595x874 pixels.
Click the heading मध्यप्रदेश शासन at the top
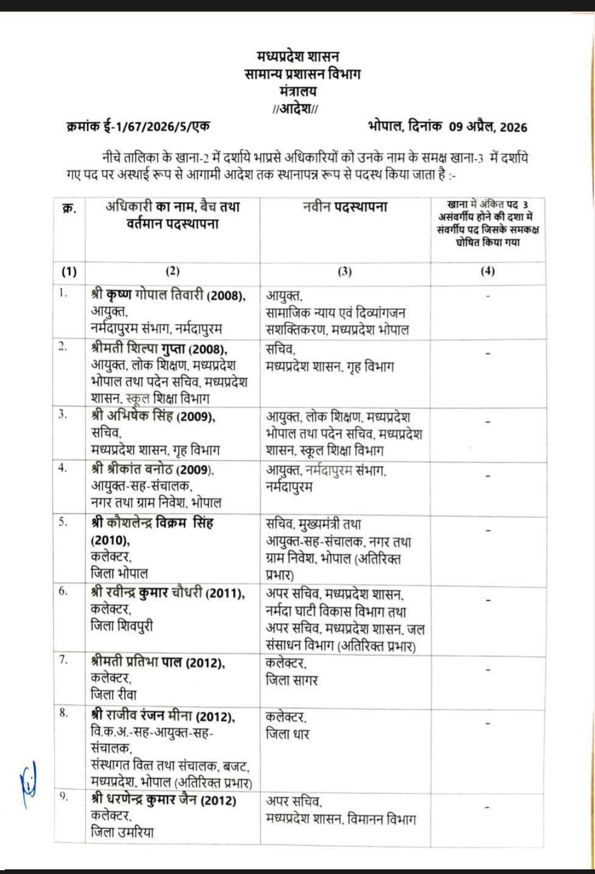[297, 56]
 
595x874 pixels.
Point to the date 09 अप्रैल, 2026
[488, 127]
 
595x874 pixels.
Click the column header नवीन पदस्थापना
[345, 207]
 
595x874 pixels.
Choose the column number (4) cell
[488, 271]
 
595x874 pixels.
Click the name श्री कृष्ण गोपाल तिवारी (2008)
[168, 295]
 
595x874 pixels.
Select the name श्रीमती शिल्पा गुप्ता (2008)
[159, 349]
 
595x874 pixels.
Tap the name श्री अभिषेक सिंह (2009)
[153, 416]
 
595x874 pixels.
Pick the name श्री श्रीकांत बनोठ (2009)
[152, 470]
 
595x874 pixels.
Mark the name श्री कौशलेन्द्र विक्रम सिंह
[152, 522]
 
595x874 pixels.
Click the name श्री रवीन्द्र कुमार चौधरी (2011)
[167, 593]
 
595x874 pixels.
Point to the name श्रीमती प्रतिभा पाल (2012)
[158, 663]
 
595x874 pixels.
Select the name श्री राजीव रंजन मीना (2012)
[163, 716]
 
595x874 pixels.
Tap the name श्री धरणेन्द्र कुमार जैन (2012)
[164, 800]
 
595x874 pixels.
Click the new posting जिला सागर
[291, 681]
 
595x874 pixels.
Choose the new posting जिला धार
[288, 734]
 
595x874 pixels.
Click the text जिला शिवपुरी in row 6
[122, 626]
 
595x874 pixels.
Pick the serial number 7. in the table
[64, 660]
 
